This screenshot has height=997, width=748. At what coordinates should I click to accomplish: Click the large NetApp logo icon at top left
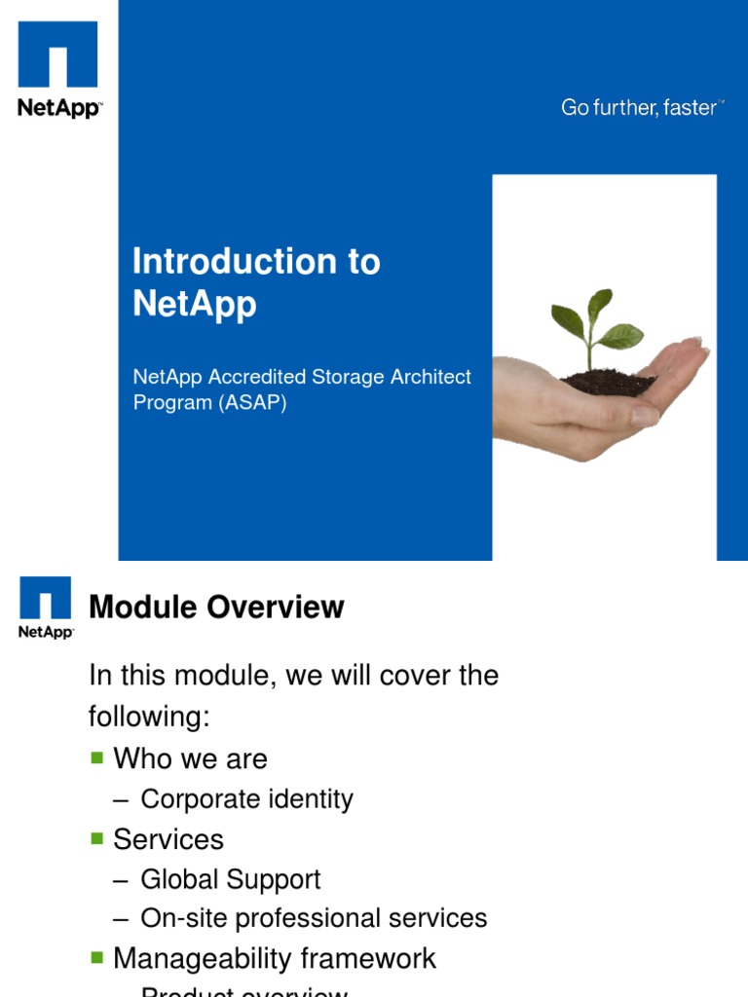(x=58, y=56)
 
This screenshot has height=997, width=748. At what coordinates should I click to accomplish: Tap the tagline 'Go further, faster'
(x=640, y=108)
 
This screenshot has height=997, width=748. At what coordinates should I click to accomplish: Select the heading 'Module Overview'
(x=216, y=608)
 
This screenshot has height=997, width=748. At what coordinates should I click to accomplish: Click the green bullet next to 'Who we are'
(x=96, y=757)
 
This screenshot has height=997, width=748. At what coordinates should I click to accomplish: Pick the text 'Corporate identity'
(x=246, y=799)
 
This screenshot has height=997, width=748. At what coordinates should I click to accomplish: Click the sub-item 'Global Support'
(x=230, y=879)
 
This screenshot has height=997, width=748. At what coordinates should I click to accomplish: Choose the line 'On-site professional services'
(x=314, y=918)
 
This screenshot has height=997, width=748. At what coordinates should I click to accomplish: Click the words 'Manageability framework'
(x=275, y=958)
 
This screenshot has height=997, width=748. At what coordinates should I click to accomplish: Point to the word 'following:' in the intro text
(x=149, y=718)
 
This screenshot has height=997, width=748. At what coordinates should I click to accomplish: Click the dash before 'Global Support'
(x=120, y=880)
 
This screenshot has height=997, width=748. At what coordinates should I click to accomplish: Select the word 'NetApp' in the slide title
(x=195, y=304)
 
